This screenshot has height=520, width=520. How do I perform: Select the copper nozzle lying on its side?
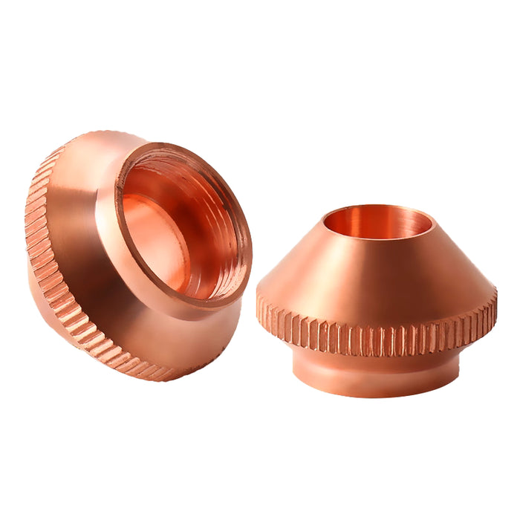pos(134,253)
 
